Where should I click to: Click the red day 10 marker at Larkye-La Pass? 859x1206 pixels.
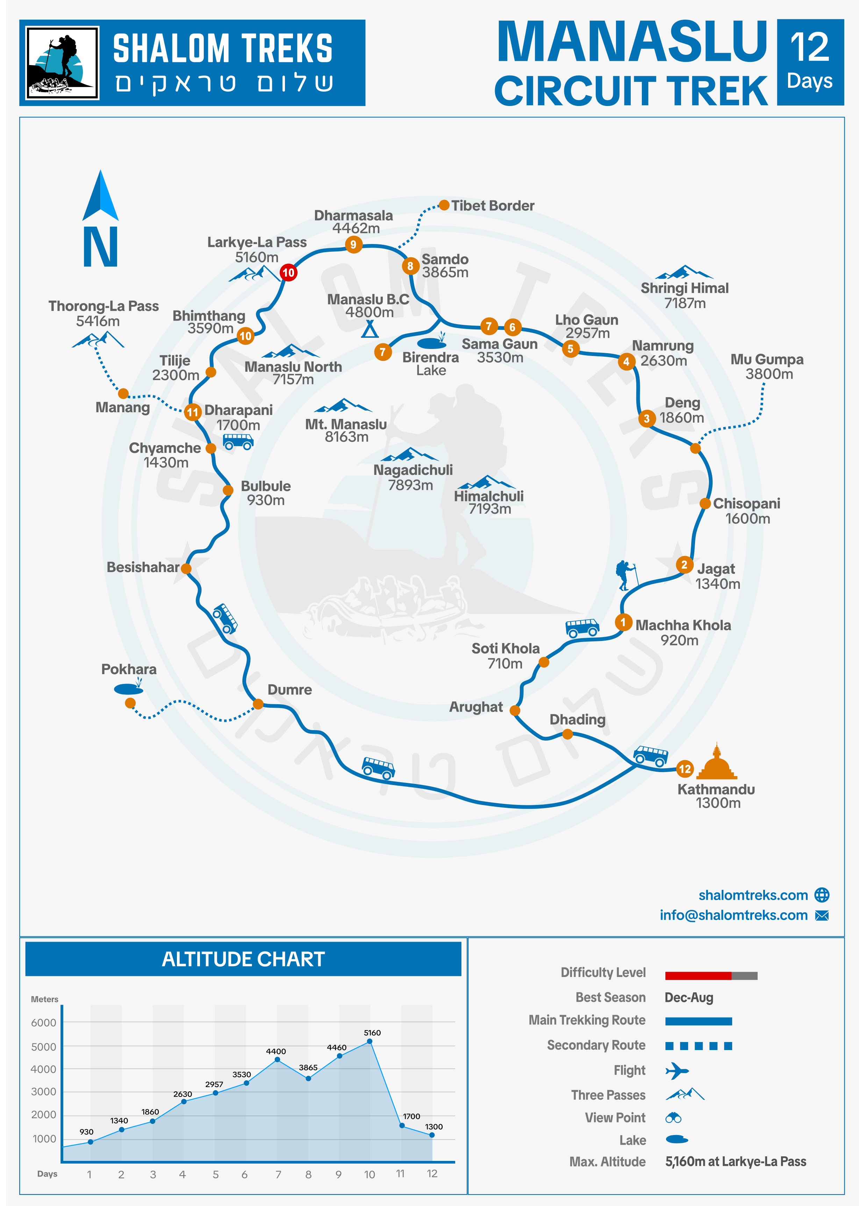288,273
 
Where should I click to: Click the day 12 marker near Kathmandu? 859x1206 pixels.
685,769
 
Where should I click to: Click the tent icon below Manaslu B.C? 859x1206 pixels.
370,330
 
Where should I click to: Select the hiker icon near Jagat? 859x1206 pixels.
626,575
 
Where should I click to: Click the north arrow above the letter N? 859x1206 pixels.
100,196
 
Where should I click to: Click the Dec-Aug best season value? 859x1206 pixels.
689,998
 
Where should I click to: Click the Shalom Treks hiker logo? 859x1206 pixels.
63,63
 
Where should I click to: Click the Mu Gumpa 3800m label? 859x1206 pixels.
767,366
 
